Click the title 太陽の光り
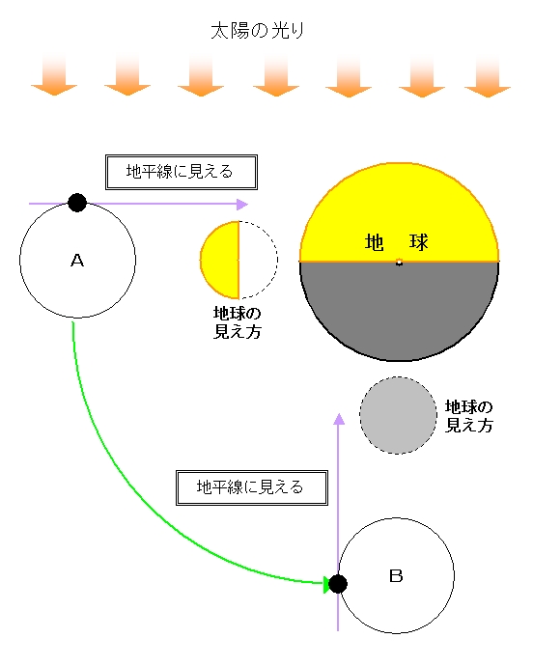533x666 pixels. [x=257, y=31]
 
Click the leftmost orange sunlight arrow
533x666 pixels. [x=54, y=75]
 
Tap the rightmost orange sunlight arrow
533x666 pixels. [x=488, y=76]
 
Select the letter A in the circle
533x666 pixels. [x=77, y=260]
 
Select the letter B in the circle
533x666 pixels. [x=396, y=576]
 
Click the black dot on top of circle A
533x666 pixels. [x=77, y=203]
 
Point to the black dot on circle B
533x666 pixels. [x=338, y=584]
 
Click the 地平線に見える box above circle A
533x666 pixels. [x=182, y=172]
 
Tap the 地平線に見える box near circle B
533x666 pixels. [x=252, y=487]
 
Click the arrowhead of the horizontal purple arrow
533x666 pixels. [x=241, y=205]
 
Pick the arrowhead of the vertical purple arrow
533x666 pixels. [x=339, y=419]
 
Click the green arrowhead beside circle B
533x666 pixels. [x=326, y=585]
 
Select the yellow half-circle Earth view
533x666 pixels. [x=220, y=260]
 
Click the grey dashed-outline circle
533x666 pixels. [x=398, y=415]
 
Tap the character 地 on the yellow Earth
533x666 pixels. [x=375, y=242]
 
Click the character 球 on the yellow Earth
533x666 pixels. [x=419, y=242]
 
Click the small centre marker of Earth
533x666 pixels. [x=399, y=263]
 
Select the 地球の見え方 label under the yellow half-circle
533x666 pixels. [x=238, y=322]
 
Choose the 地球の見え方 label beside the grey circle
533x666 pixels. [x=469, y=416]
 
